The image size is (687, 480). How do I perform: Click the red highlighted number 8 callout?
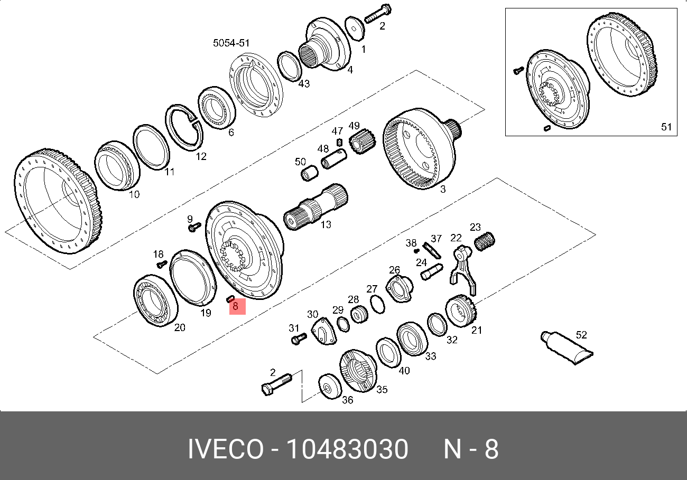pos(236,306)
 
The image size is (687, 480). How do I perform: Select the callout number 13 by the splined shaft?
pos(326,224)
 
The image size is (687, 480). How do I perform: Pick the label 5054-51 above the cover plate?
pos(231,43)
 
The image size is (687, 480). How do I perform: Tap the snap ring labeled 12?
pos(184,129)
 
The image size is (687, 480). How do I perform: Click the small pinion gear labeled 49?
pos(363,143)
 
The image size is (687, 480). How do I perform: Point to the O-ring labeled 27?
pos(377,304)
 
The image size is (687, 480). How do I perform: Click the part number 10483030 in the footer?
pos(347,449)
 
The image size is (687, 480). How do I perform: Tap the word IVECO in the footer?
pos(226,449)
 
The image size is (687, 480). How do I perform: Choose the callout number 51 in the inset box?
pos(666,127)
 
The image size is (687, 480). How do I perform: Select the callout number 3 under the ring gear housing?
pos(443,189)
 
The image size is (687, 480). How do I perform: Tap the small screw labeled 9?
pos(194,228)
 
